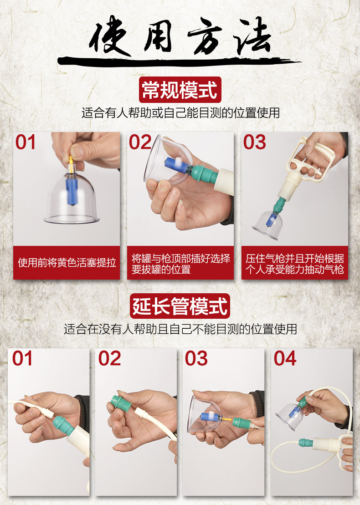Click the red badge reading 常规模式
coord(180,90)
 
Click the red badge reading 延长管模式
coord(180,306)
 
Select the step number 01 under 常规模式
coord(26,142)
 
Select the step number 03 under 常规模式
coord(254,142)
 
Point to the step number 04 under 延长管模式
coord(285,358)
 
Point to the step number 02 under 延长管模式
coord(109,358)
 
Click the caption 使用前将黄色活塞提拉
coord(67,263)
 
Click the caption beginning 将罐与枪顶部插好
coord(180,264)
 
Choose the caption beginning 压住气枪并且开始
coord(294,264)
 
